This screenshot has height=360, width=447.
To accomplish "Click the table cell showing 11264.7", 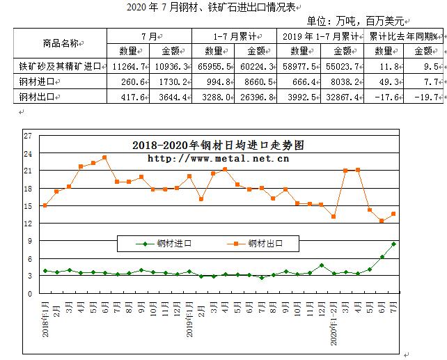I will tap(128, 67).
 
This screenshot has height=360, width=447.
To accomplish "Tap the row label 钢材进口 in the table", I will tap(38, 82).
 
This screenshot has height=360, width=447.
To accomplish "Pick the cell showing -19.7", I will tap(426, 97).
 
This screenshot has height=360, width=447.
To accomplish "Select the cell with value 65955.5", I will tap(216, 67).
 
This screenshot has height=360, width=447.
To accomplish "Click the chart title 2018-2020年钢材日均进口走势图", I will tap(218, 146).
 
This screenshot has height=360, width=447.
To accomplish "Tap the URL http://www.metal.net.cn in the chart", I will tap(218, 158).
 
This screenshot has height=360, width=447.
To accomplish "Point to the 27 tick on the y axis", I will tap(27, 135).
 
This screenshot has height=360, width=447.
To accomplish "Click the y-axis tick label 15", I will tap(27, 206).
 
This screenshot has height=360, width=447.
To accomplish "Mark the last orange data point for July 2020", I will tap(394, 214).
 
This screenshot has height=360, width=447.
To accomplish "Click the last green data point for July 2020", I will tap(394, 244).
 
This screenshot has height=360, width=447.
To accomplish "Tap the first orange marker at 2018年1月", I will tap(45, 205).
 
